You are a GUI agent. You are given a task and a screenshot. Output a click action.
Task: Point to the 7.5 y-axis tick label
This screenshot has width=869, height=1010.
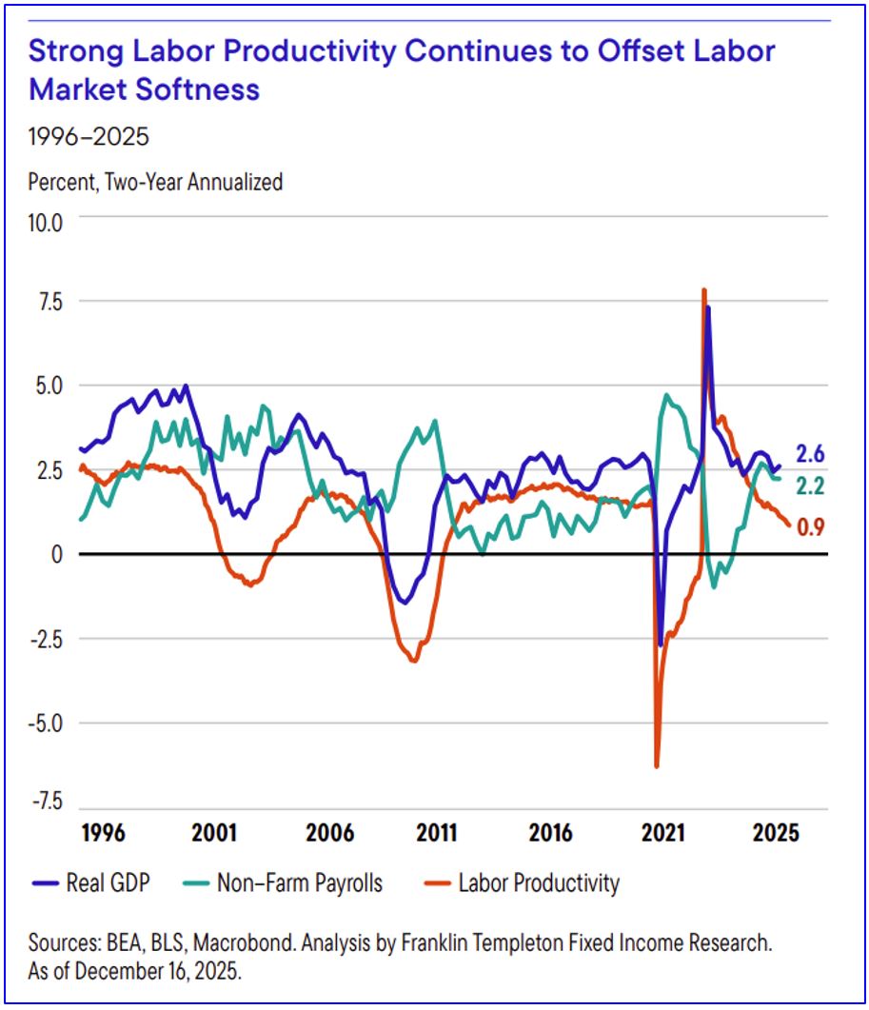point(49,304)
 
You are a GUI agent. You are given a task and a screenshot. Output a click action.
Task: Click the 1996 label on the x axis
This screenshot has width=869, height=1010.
point(102,833)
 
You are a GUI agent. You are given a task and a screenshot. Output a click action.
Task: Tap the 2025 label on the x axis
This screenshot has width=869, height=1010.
point(776,833)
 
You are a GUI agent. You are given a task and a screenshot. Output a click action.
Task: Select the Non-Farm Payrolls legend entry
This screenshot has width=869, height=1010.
point(282,883)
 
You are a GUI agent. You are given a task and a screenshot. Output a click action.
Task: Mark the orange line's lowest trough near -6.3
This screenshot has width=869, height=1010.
point(657,765)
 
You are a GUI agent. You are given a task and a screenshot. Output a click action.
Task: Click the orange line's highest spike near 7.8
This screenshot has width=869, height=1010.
point(703,289)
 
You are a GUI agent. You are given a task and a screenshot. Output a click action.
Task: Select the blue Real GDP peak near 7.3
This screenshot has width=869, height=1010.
point(707,307)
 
